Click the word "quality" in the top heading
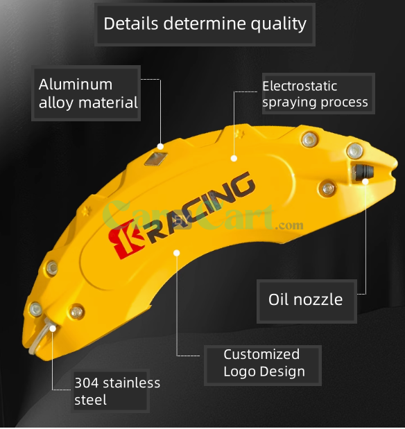279,24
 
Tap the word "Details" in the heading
131,24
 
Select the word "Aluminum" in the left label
76,85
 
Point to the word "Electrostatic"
300,86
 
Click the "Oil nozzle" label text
305,299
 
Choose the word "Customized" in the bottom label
261,354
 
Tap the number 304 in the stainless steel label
87,383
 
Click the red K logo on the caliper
126,240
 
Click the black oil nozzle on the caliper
363,172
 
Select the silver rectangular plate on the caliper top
156,159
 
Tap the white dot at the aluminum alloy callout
160,147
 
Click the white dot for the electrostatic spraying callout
234,158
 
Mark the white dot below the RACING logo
177,253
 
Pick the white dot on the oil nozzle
365,182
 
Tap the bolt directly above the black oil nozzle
355,151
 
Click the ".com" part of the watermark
289,226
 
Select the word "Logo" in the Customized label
239,371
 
